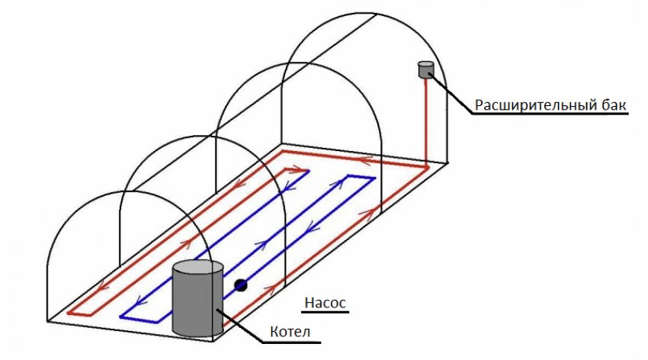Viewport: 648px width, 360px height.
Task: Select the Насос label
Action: tap(326, 303)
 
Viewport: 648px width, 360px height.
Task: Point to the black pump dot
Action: tap(241, 285)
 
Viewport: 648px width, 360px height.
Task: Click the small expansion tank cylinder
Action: tap(425, 69)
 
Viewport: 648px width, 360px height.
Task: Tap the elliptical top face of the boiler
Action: tap(197, 268)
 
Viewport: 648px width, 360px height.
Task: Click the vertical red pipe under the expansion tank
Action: tap(425, 122)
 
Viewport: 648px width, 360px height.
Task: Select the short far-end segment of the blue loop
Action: tap(362, 178)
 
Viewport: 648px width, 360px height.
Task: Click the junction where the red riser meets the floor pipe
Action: tap(425, 166)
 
